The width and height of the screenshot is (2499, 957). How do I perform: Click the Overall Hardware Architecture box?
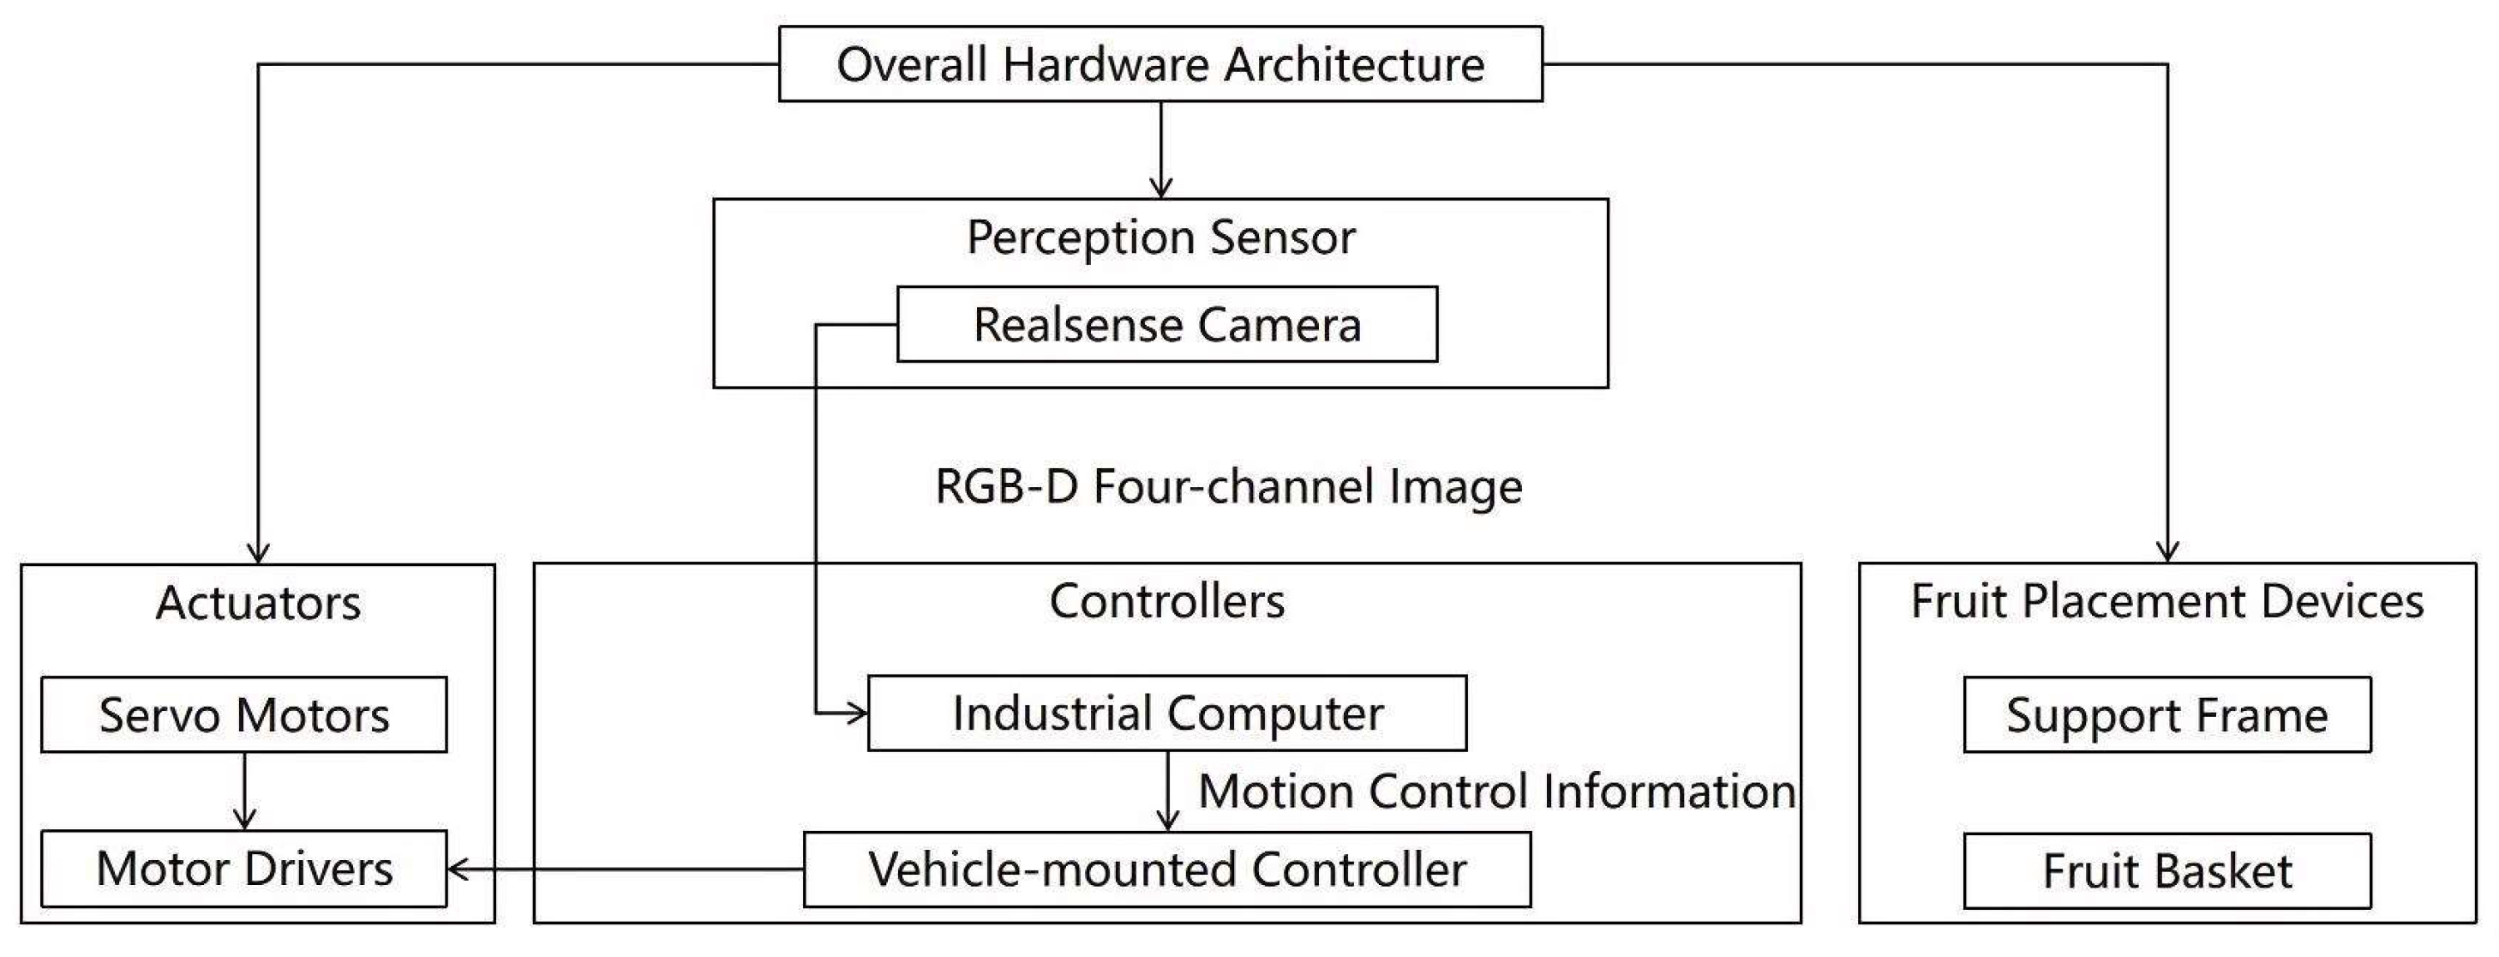tap(1160, 64)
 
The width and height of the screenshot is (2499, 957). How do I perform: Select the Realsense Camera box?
tap(1167, 324)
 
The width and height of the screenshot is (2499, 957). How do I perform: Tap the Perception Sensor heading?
tap(1160, 238)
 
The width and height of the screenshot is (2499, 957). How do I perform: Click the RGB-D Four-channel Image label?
tap(1228, 486)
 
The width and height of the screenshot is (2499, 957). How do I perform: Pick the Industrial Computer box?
tap(1167, 713)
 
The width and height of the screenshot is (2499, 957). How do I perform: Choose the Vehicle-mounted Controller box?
tap(1167, 870)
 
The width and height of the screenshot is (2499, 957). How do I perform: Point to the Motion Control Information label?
tap(1497, 791)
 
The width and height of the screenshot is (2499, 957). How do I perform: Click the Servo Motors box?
tap(243, 715)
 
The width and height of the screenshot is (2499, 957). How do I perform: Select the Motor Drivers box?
tap(243, 869)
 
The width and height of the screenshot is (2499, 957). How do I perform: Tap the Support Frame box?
tap(2167, 715)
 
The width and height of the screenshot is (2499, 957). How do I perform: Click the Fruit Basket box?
tap(2167, 870)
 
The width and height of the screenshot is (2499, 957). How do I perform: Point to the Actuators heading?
tap(258, 603)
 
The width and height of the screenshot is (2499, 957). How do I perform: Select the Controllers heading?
tap(1167, 601)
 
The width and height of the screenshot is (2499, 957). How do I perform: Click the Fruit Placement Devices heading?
tap(2167, 601)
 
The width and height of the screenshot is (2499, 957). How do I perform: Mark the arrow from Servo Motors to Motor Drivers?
tap(244, 791)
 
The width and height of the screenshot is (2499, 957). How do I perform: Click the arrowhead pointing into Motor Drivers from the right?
tap(458, 870)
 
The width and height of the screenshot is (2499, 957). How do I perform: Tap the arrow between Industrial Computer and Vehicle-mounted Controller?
tap(1168, 791)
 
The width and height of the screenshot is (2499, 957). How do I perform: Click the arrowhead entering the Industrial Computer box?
tap(857, 713)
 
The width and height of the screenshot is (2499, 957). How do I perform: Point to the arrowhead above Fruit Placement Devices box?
tap(2167, 551)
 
